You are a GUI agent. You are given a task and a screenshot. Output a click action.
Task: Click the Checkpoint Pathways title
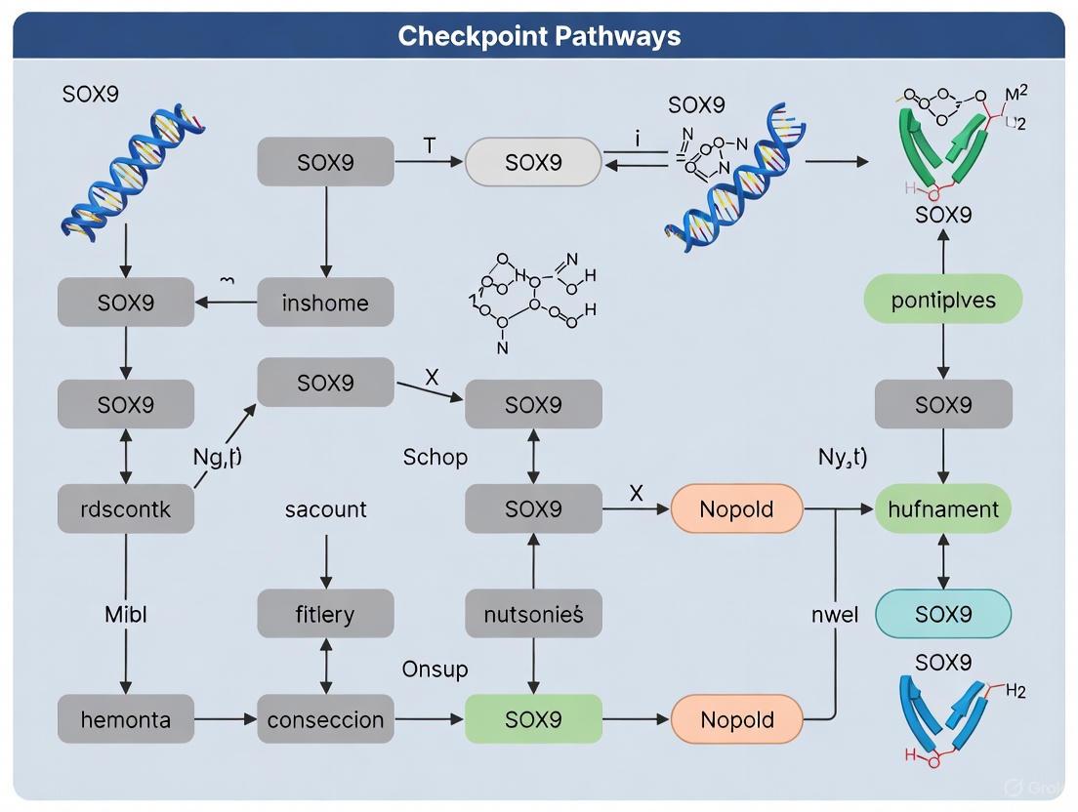tap(539, 36)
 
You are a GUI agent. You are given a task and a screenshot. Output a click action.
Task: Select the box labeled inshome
tap(325, 303)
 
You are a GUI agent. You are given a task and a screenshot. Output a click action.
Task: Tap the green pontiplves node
tap(943, 300)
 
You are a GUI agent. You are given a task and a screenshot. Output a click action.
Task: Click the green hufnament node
tap(943, 508)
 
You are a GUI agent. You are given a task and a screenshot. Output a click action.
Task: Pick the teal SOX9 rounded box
tap(943, 614)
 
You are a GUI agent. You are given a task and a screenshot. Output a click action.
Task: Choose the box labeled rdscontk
tap(126, 508)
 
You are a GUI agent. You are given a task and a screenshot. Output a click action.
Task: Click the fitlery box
tap(325, 614)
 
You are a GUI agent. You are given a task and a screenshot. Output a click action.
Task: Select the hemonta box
tap(126, 720)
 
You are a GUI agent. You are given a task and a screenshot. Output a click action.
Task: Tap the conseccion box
tap(325, 720)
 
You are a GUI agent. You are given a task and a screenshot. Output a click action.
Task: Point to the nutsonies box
tap(533, 614)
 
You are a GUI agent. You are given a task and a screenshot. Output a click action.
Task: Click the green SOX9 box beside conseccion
tap(533, 720)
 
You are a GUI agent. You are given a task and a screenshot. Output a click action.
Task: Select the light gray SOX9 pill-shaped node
tap(533, 162)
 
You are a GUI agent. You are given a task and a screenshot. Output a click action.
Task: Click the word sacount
tap(325, 508)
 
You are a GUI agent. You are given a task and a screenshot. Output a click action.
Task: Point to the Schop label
tap(435, 457)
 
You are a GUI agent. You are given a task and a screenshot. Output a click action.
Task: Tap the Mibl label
tap(126, 615)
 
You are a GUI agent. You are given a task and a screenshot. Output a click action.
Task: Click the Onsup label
tap(435, 670)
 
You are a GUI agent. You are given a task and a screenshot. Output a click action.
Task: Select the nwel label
tap(835, 615)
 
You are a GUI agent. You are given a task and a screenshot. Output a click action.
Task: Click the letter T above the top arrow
tap(429, 144)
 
